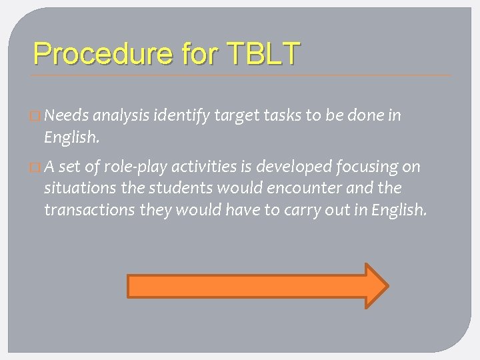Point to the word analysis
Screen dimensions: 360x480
(x=123, y=116)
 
